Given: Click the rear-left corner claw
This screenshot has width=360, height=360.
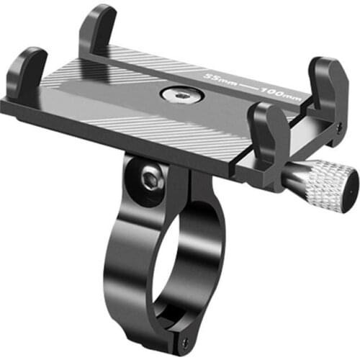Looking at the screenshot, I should coord(98,29).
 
